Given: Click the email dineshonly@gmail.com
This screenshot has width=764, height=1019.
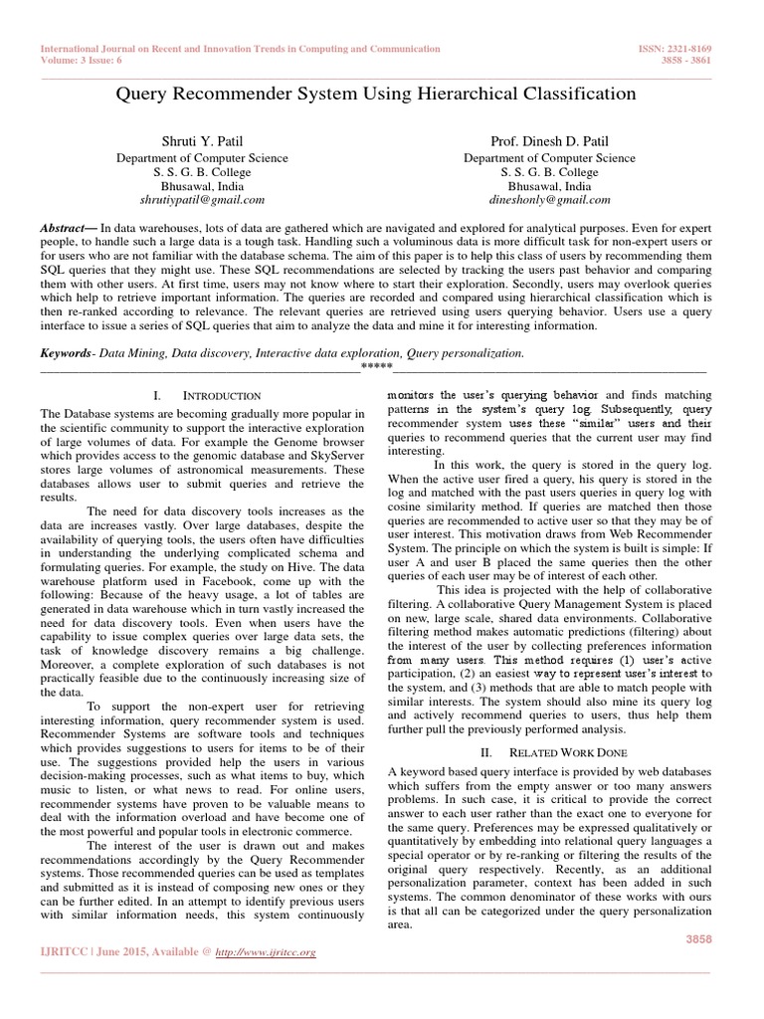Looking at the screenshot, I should (549, 200).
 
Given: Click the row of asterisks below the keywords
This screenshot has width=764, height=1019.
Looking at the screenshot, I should (376, 369).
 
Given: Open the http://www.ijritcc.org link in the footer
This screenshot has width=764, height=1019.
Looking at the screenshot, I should (266, 952).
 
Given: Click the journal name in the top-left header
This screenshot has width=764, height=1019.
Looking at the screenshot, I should (239, 48).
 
